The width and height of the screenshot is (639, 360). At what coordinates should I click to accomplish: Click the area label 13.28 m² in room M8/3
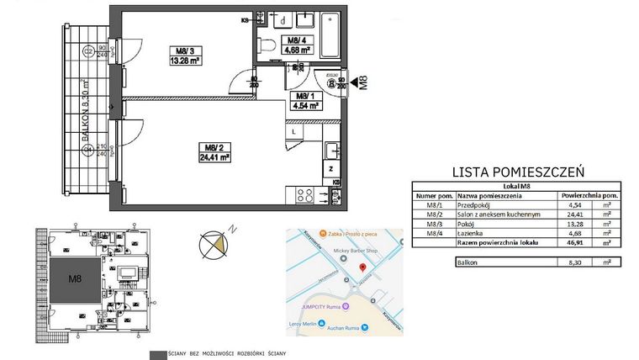click(185, 61)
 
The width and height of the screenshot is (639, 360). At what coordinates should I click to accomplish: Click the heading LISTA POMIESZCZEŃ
click(518, 171)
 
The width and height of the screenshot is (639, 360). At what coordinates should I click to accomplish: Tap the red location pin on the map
click(362, 268)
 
